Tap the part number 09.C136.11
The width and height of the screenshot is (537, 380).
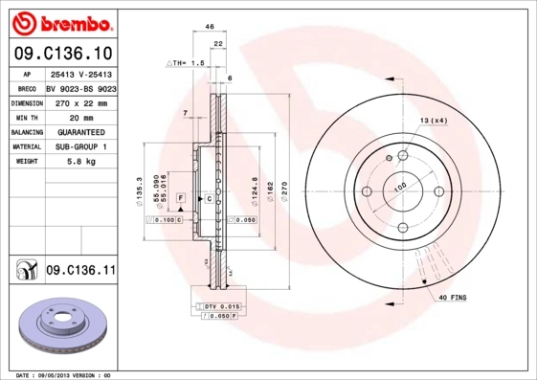point(80,271)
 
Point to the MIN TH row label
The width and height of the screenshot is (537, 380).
point(27,117)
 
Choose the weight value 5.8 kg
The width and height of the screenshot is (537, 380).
point(78,162)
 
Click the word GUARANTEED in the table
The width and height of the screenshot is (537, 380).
point(81,131)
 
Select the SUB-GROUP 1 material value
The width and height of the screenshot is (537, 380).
point(81,146)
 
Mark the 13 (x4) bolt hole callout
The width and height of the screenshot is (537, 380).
point(433,120)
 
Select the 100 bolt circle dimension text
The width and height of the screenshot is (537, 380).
point(399,186)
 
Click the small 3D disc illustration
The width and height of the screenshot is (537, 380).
point(61,326)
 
